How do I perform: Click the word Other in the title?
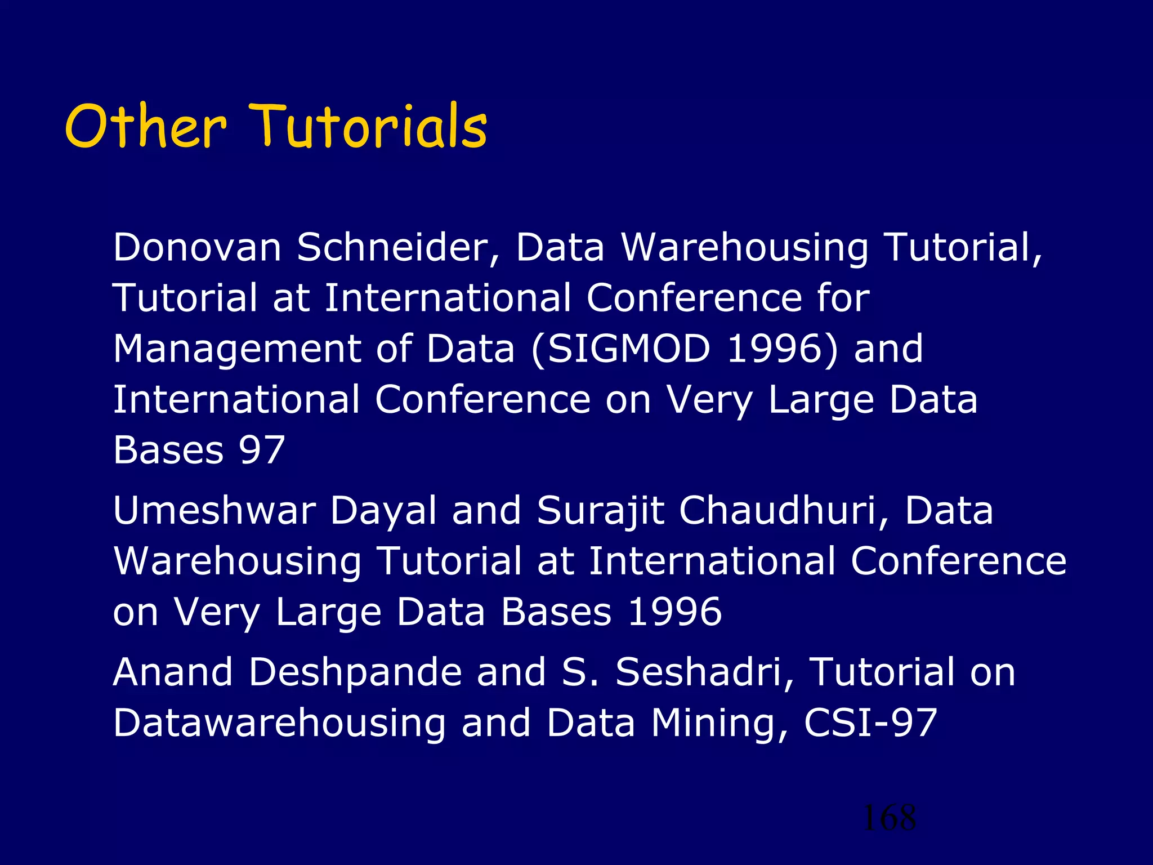click(x=146, y=127)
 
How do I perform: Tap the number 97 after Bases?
click(x=262, y=450)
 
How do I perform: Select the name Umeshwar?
click(x=214, y=511)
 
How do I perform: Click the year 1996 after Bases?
click(x=674, y=612)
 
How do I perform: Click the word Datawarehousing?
click(x=279, y=724)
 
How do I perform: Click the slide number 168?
click(x=889, y=818)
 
